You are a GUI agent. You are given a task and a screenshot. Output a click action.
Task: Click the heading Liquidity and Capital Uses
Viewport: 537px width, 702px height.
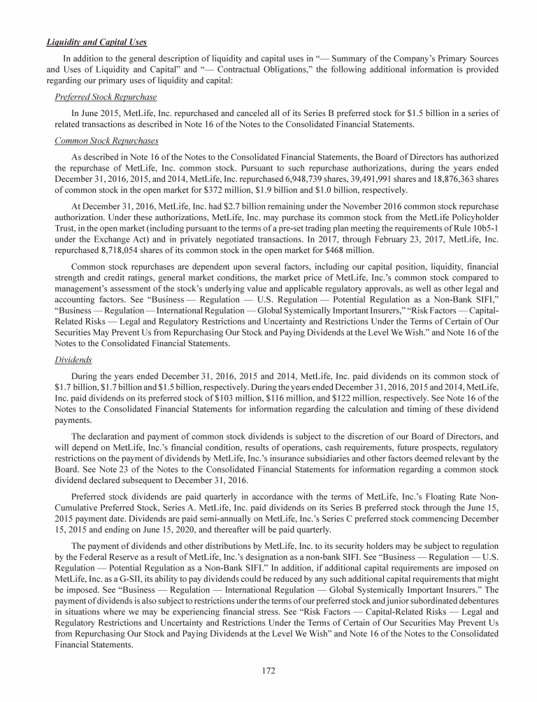coord(96,41)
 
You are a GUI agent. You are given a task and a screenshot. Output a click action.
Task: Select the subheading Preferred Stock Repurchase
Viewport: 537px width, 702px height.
coord(105,96)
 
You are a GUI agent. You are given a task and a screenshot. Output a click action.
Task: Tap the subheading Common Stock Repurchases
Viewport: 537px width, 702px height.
coord(106,141)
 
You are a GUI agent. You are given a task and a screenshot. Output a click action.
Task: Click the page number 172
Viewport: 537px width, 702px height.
coord(268,671)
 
